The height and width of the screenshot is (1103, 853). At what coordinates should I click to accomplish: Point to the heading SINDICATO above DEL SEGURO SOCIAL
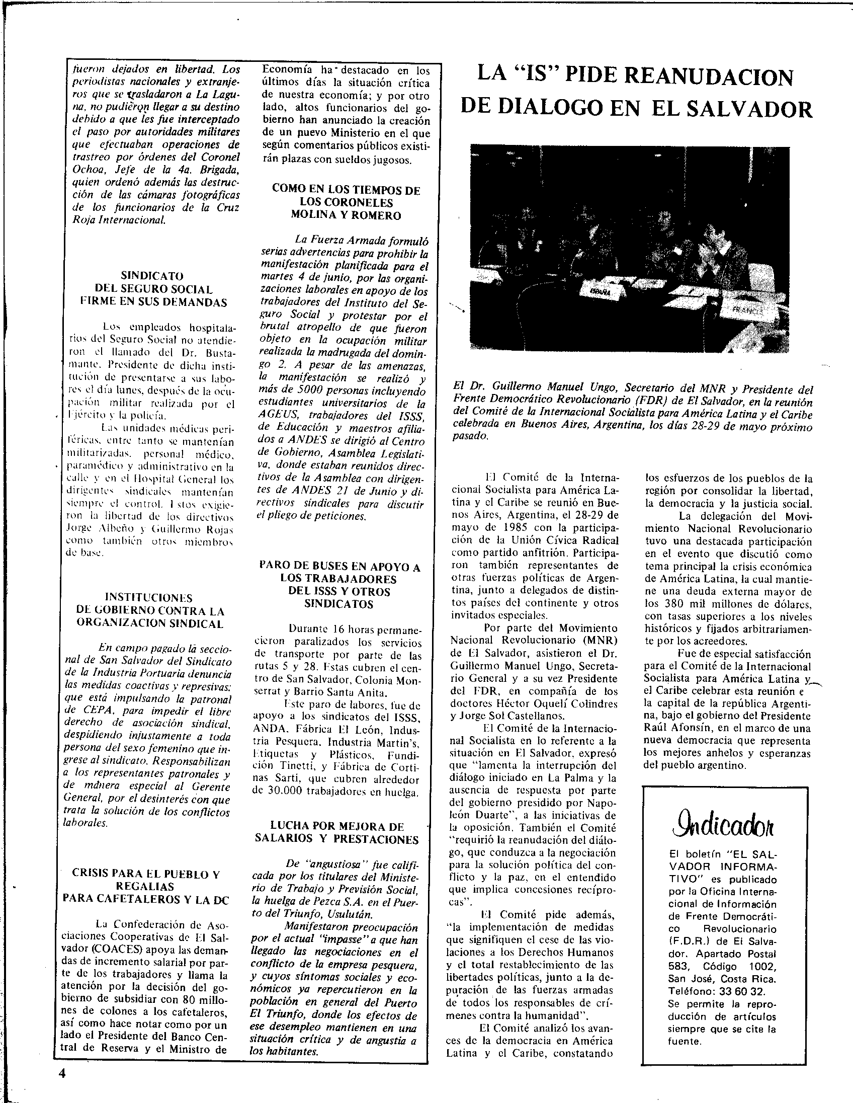click(x=152, y=276)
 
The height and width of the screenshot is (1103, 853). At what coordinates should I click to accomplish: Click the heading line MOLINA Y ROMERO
click(x=346, y=215)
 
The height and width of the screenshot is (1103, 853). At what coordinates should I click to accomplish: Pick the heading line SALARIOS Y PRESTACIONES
click(x=336, y=839)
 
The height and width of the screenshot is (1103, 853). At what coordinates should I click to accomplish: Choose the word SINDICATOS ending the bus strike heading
click(x=338, y=604)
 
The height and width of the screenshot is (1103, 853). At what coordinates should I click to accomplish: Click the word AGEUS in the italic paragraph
click(x=278, y=416)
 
